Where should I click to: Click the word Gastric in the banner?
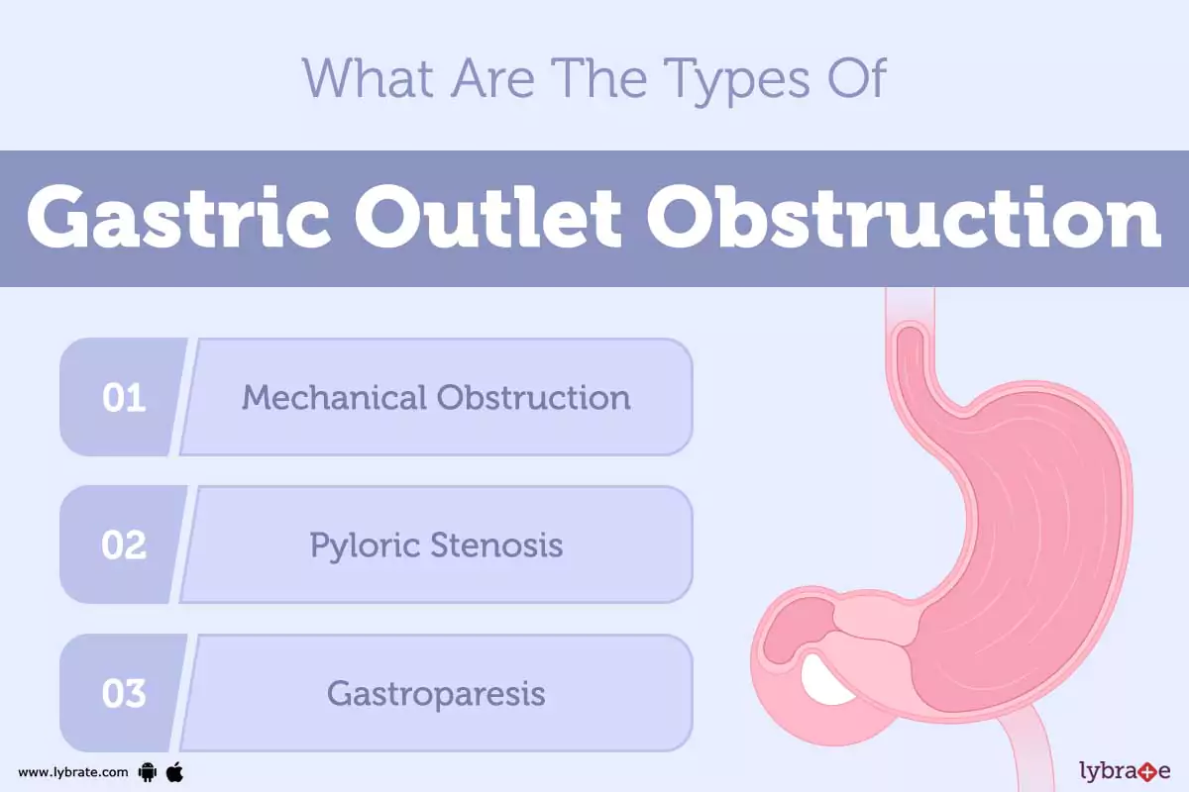pos(178,218)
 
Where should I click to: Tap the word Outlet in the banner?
pos(487,218)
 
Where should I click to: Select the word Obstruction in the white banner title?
pos(904,218)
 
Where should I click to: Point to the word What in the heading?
pos(368,78)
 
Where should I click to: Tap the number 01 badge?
pos(124,397)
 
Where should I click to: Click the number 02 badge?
pos(124,544)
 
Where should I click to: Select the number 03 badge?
pos(124,693)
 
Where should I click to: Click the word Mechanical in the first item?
pos(335,397)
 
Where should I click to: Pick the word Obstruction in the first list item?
pos(534,397)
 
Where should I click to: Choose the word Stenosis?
pos(496,544)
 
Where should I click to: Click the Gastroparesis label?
pos(436,694)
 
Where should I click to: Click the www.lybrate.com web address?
pos(72,772)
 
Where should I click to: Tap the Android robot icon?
pos(148,772)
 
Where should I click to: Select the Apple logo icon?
pos(174,772)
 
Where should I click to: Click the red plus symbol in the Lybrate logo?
pos(1147,772)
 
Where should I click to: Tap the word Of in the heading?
pos(856,78)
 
